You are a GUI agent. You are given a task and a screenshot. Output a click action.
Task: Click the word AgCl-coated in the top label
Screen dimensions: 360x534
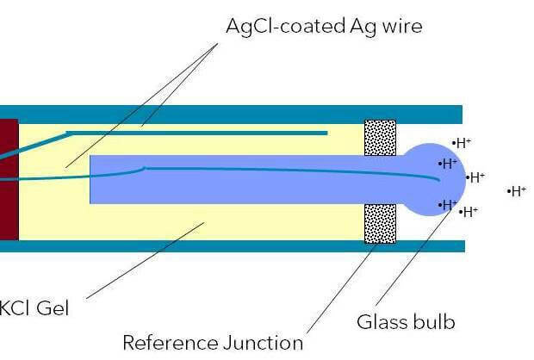coord(277,26)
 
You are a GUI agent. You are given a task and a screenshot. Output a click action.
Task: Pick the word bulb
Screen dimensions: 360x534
coord(433,323)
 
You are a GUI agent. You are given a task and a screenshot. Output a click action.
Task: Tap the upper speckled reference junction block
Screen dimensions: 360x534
coord(381,138)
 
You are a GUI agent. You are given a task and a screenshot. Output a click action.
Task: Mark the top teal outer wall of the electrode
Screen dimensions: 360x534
coord(233,115)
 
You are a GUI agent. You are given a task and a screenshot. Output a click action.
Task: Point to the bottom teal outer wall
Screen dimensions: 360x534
coord(233,245)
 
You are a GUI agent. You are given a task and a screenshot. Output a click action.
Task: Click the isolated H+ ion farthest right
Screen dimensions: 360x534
coord(518,191)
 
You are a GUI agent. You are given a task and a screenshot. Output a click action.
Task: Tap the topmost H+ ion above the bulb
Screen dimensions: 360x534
coord(463,143)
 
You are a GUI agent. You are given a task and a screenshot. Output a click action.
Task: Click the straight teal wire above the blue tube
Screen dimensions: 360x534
coord(198,133)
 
